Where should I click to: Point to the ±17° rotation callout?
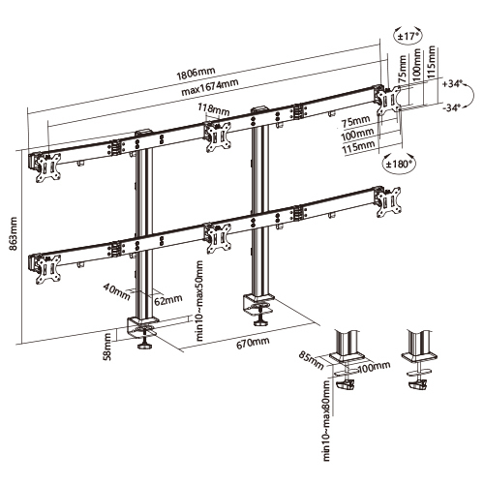point(408,37)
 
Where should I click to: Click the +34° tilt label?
point(450,84)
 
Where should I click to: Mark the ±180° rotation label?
point(401,164)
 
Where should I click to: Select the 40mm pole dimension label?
point(117,287)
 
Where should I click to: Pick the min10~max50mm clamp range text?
point(200,301)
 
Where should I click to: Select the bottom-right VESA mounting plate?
point(390,205)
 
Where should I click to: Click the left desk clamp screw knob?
point(147,341)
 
